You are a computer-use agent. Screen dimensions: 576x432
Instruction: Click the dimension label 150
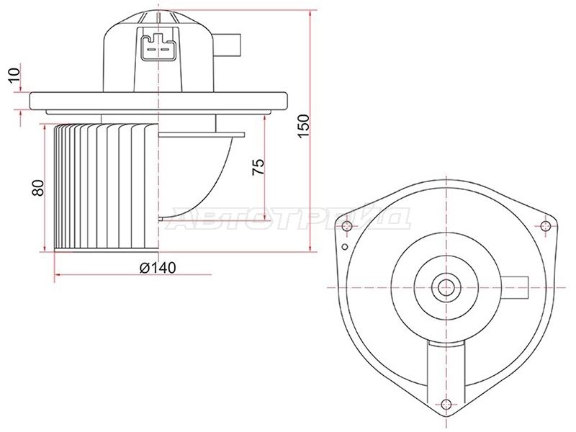click(304, 126)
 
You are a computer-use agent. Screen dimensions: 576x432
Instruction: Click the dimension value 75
click(258, 167)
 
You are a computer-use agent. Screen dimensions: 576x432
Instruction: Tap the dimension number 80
click(38, 188)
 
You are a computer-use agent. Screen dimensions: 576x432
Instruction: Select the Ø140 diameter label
click(158, 268)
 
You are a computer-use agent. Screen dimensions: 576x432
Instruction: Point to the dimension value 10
click(14, 76)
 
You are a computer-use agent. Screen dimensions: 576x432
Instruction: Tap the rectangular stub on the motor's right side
click(228, 45)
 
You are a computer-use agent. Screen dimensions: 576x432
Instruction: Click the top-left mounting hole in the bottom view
click(346, 225)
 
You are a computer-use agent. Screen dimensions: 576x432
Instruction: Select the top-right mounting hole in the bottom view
click(546, 226)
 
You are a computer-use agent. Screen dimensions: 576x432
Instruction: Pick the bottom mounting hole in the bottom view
click(446, 403)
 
